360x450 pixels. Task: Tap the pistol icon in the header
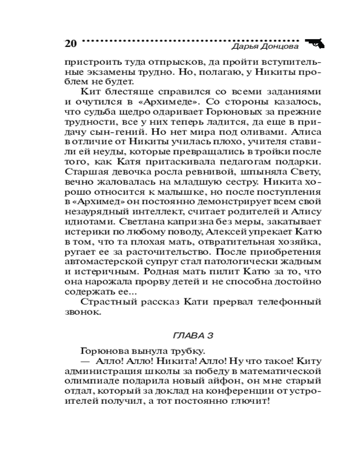pyautogui.click(x=316, y=43)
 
